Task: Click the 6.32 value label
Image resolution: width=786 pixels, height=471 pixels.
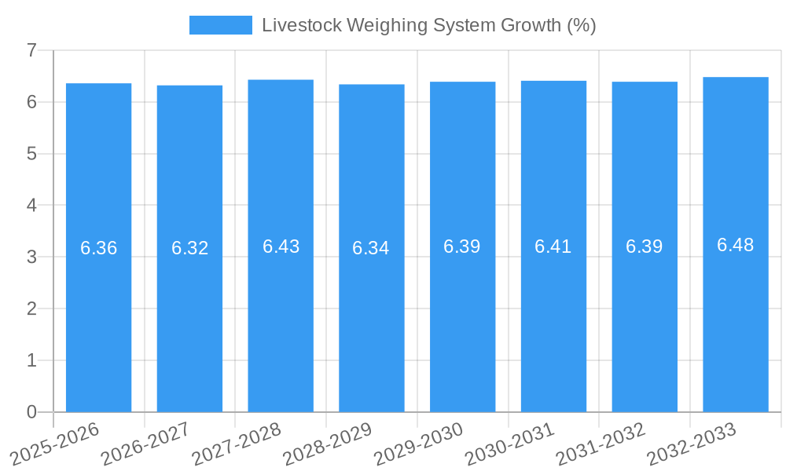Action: [189, 248]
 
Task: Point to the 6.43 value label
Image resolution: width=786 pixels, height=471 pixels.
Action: [281, 246]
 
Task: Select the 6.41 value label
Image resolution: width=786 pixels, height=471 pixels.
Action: [553, 246]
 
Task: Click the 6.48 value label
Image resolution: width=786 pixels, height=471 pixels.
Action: [736, 245]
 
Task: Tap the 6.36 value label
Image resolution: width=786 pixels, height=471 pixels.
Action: [98, 248]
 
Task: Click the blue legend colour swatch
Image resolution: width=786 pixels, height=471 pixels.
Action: [221, 25]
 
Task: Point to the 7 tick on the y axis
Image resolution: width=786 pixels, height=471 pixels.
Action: [32, 50]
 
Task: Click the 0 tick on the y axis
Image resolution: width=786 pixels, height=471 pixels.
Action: [32, 412]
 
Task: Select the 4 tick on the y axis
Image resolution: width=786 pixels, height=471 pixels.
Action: [32, 205]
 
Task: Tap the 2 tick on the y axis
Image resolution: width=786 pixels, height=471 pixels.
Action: [32, 309]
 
